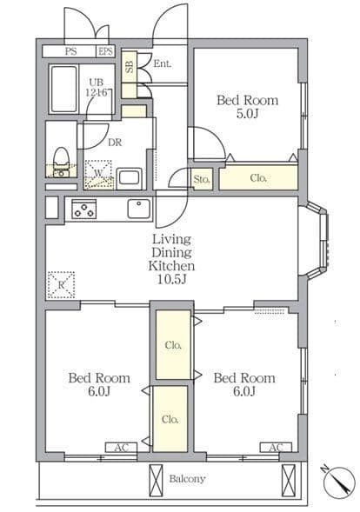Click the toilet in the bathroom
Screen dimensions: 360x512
click(61, 162)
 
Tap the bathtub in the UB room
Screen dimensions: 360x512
click(64, 89)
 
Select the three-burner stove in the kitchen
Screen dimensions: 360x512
click(84, 209)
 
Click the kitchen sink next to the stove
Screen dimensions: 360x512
click(139, 209)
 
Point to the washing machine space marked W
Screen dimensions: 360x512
click(98, 175)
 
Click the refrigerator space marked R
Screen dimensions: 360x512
click(61, 285)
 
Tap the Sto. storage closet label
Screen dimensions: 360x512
click(201, 179)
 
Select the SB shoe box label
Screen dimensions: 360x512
click(130, 66)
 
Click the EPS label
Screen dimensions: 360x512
click(105, 51)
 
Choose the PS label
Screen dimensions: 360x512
click(71, 51)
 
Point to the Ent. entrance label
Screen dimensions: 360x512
click(163, 63)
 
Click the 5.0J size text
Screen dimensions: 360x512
click(247, 114)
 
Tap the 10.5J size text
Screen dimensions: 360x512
click(171, 280)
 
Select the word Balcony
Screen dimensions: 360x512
click(187, 479)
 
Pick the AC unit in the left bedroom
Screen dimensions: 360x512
click(121, 448)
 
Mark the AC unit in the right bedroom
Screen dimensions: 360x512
click(276, 448)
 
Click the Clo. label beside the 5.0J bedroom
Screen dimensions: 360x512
click(258, 178)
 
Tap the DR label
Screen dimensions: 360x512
click(115, 143)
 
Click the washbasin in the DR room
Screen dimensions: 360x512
click(129, 178)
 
